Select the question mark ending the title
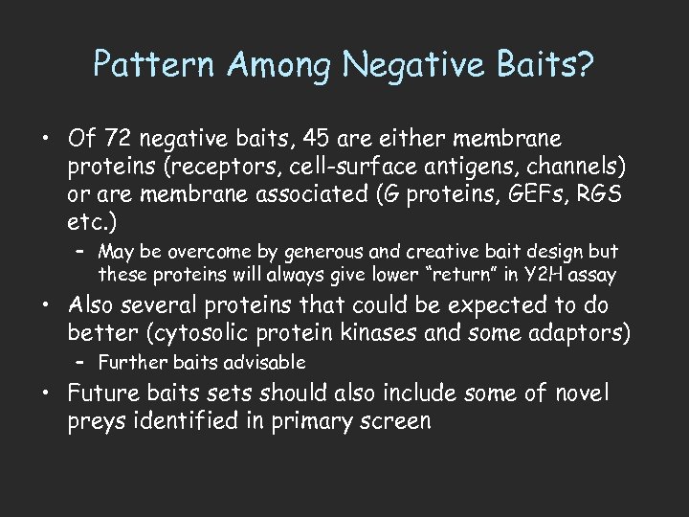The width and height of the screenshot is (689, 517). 585,66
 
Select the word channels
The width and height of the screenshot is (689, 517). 574,169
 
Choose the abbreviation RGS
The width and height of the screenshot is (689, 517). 603,196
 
